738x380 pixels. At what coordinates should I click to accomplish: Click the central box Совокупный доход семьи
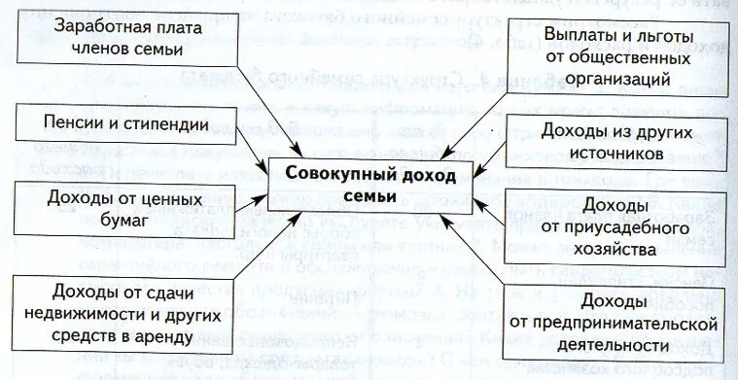click(355, 183)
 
